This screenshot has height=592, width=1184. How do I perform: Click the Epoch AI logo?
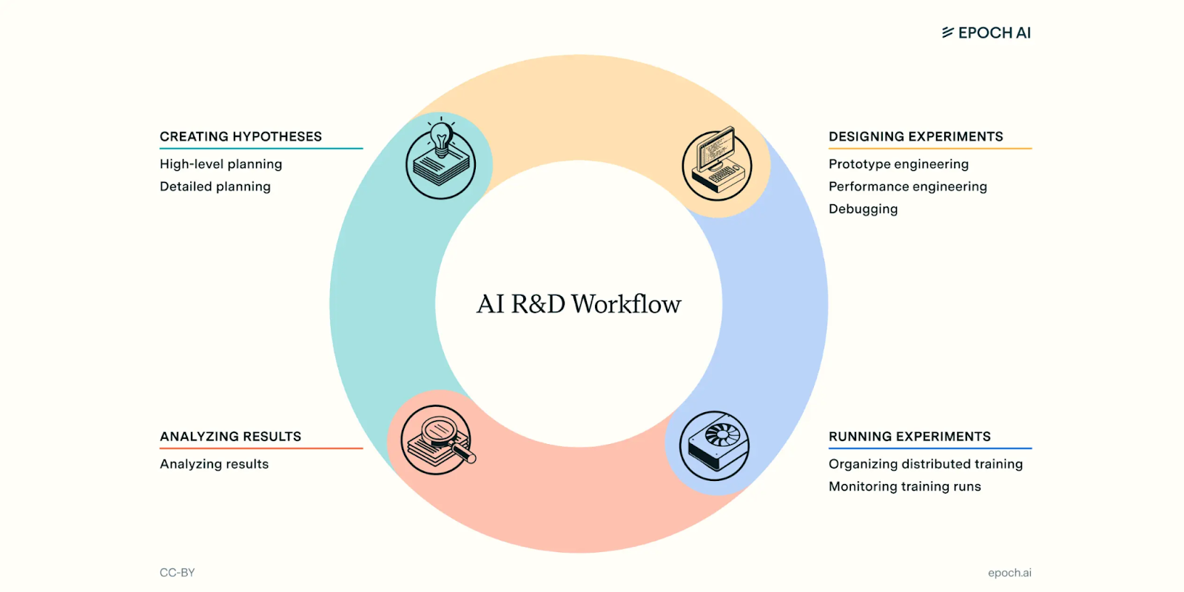(x=986, y=33)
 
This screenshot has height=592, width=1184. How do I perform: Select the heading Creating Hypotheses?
(x=240, y=136)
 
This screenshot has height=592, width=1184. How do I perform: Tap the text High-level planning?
(x=221, y=164)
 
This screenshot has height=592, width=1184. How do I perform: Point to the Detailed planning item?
(x=215, y=186)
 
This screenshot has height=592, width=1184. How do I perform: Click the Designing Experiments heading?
(x=915, y=136)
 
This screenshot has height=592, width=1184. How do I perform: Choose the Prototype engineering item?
(x=898, y=164)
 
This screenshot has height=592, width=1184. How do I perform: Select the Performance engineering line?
(x=907, y=186)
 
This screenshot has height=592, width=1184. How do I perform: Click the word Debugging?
(x=863, y=209)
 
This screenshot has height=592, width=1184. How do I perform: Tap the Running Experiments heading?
(x=909, y=437)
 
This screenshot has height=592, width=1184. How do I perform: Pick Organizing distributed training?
(x=925, y=464)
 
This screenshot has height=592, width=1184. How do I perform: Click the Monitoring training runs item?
(x=904, y=486)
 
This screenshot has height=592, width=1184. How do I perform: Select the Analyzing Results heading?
(x=230, y=437)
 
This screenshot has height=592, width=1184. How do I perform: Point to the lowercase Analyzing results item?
(x=214, y=464)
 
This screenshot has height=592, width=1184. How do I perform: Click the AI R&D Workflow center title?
(x=579, y=304)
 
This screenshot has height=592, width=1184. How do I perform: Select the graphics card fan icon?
(x=714, y=445)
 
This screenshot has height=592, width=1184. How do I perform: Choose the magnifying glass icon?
(x=437, y=440)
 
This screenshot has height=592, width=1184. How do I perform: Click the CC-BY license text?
(x=177, y=573)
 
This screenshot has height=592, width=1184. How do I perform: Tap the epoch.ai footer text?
(x=1009, y=573)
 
